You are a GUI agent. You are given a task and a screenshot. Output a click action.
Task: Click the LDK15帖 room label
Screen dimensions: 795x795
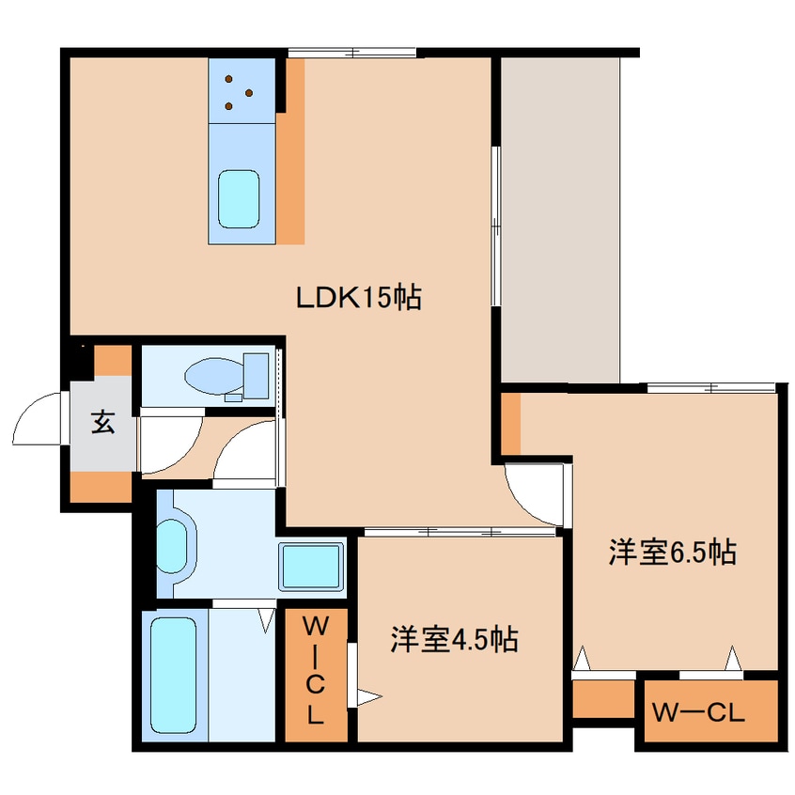(x=358, y=298)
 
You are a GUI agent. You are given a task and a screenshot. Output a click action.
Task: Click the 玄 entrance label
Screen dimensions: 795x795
(x=102, y=423)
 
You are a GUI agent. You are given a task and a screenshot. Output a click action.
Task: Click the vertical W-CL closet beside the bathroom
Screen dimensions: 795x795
(x=315, y=668)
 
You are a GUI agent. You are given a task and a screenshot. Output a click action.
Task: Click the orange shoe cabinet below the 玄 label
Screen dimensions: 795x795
(x=101, y=486)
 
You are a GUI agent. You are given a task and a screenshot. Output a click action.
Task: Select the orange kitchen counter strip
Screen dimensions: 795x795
(x=293, y=150)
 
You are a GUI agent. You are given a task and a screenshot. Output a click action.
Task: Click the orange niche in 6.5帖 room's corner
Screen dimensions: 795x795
(x=510, y=423)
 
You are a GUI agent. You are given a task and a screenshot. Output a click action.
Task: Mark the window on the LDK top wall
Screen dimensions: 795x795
(x=352, y=52)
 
